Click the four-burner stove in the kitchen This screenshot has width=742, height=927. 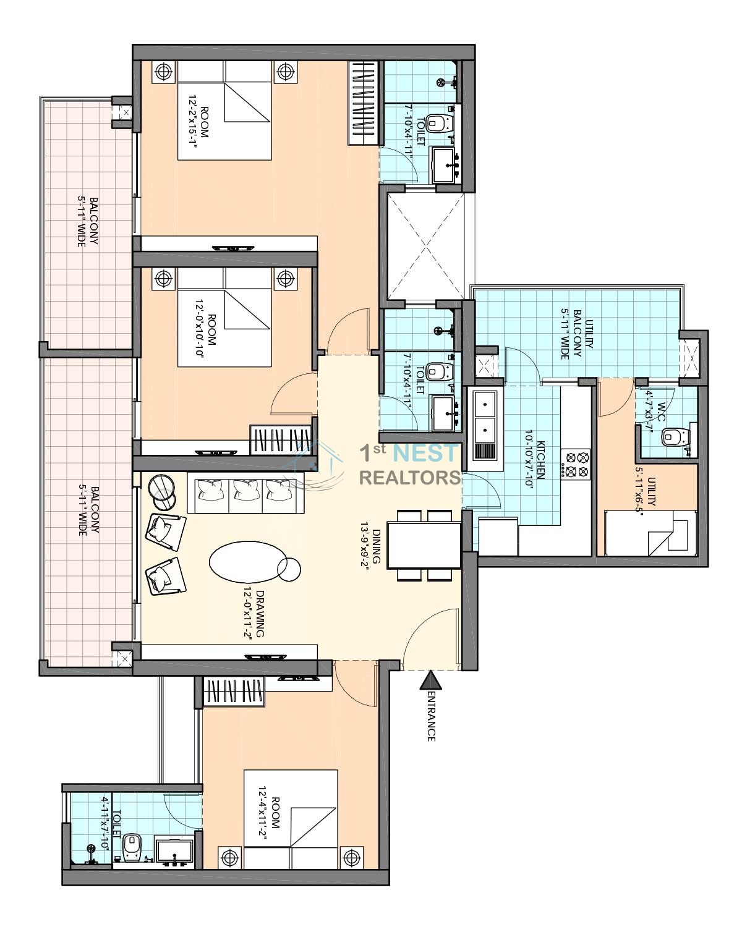(575, 463)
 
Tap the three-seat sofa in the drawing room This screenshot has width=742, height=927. (245, 493)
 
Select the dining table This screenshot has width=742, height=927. (424, 545)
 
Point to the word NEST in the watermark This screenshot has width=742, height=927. (426, 453)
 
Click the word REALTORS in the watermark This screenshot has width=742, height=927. (410, 478)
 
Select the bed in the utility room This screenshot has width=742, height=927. (650, 533)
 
